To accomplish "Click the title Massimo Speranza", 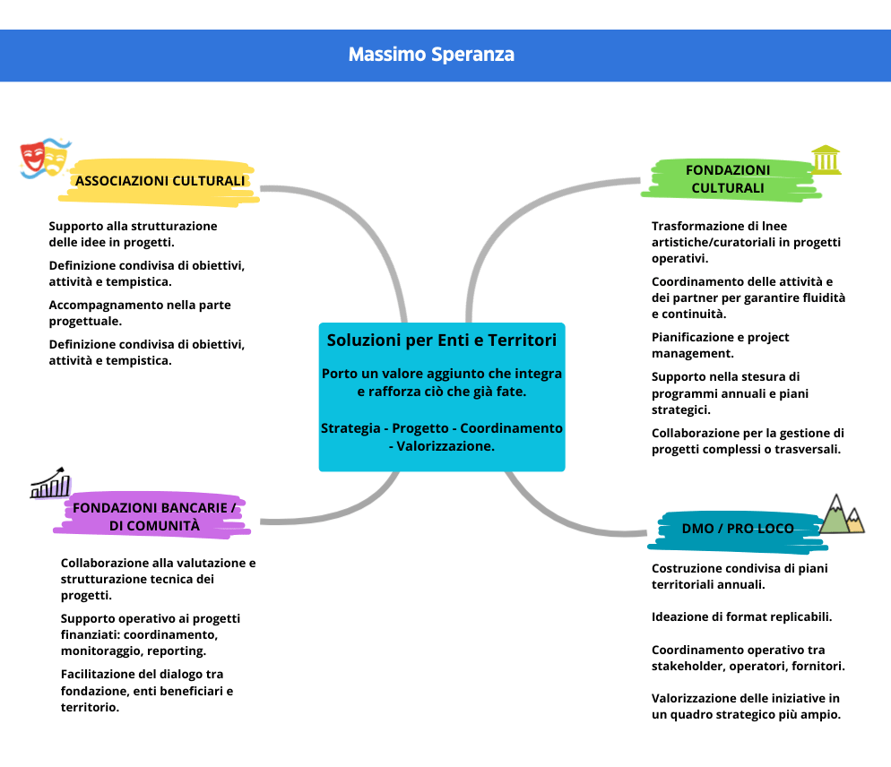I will click(x=431, y=55).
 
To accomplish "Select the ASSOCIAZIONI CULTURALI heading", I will click(x=160, y=181).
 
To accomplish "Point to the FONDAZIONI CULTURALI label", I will click(x=727, y=178).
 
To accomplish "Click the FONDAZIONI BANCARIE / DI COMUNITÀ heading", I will click(x=154, y=517).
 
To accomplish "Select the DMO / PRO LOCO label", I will click(x=737, y=529).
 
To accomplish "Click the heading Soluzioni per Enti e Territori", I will click(x=441, y=340).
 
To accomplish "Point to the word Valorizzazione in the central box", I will click(x=446, y=445).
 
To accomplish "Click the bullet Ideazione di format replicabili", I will click(x=741, y=617).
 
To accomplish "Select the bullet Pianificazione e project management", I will click(x=720, y=345).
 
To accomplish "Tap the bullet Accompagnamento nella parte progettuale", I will click(x=139, y=313).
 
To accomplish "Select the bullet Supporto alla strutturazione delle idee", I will click(x=133, y=234).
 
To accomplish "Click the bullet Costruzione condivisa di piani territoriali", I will click(x=740, y=575).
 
